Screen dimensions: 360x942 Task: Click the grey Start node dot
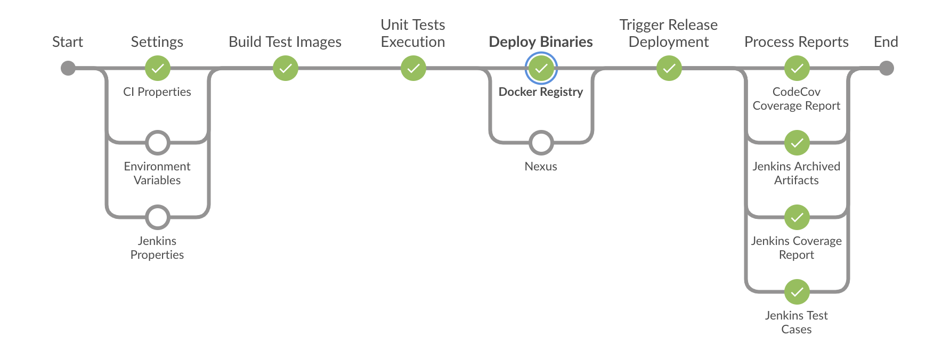(68, 68)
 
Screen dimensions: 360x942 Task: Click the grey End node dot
(886, 68)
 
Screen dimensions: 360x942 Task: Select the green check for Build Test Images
(286, 68)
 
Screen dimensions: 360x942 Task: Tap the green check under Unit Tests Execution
(413, 68)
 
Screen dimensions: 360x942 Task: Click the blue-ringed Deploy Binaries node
(541, 68)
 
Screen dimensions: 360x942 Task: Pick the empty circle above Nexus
(541, 143)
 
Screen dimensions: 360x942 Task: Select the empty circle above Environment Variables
(158, 143)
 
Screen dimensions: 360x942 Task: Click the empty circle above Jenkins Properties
(158, 217)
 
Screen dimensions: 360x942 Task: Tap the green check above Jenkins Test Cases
(797, 292)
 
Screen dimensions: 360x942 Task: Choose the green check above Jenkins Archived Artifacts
(797, 143)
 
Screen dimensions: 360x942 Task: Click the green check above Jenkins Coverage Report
(797, 217)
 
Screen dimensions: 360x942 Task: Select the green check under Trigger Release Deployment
(669, 68)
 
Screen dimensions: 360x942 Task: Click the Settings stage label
(157, 42)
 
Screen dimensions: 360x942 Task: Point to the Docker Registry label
(541, 92)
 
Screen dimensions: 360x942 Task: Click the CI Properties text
(157, 92)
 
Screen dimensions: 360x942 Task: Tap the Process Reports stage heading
(797, 42)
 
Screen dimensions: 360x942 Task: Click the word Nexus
(541, 166)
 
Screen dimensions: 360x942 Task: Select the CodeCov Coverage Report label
(797, 99)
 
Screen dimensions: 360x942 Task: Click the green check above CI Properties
(158, 68)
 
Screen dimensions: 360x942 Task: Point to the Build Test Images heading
(285, 42)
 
